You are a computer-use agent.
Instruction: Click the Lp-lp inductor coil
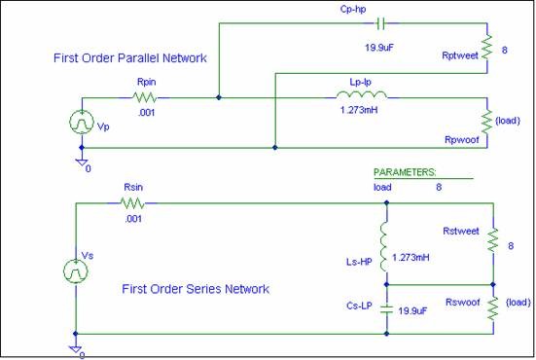pyautogui.click(x=362, y=95)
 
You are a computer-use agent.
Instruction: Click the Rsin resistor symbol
pyautogui.click(x=132, y=203)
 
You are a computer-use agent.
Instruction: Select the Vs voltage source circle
pyautogui.click(x=76, y=270)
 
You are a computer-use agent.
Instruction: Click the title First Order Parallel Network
pyautogui.click(x=129, y=58)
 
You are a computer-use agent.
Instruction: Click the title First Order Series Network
pyautogui.click(x=196, y=289)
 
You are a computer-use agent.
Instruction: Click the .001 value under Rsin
pyautogui.click(x=131, y=219)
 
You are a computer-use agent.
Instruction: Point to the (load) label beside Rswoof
pyautogui.click(x=518, y=302)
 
